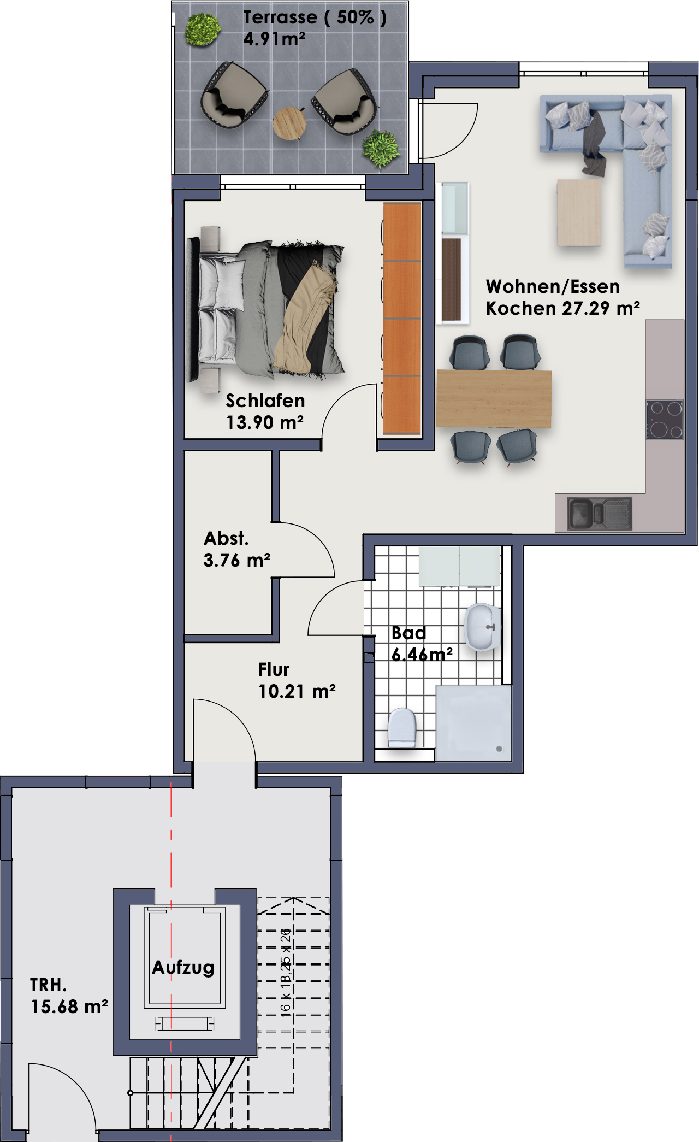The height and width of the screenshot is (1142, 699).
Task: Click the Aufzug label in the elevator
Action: pyautogui.click(x=183, y=968)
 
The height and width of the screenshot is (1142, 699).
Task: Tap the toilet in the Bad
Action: pyautogui.click(x=402, y=727)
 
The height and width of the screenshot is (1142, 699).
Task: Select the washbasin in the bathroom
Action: pyautogui.click(x=483, y=627)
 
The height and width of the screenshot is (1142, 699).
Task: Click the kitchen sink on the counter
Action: pyautogui.click(x=600, y=513)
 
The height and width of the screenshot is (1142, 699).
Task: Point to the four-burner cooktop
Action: pyautogui.click(x=665, y=420)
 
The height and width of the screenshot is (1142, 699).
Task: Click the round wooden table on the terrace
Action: pyautogui.click(x=289, y=123)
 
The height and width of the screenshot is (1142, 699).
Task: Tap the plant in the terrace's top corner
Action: pyautogui.click(x=203, y=30)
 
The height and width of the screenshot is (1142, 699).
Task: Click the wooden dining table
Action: pyautogui.click(x=494, y=398)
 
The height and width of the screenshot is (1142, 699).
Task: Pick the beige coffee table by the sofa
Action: pyautogui.click(x=579, y=213)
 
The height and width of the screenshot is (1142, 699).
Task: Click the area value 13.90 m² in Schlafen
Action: pyautogui.click(x=265, y=422)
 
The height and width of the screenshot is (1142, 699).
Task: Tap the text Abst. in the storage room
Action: pyautogui.click(x=226, y=539)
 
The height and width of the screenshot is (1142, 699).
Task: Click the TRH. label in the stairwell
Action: pyautogui.click(x=48, y=985)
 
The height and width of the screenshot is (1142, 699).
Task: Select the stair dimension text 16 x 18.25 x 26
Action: pyautogui.click(x=286, y=972)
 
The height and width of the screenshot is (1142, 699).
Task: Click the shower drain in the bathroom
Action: pyautogui.click(x=499, y=749)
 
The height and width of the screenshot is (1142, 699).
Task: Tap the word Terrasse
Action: pyautogui.click(x=280, y=17)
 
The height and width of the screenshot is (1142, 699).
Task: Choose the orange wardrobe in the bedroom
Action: pyautogui.click(x=402, y=319)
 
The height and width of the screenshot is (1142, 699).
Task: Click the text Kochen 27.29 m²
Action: pyautogui.click(x=563, y=308)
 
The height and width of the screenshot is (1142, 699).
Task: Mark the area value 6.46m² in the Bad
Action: pyautogui.click(x=422, y=654)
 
